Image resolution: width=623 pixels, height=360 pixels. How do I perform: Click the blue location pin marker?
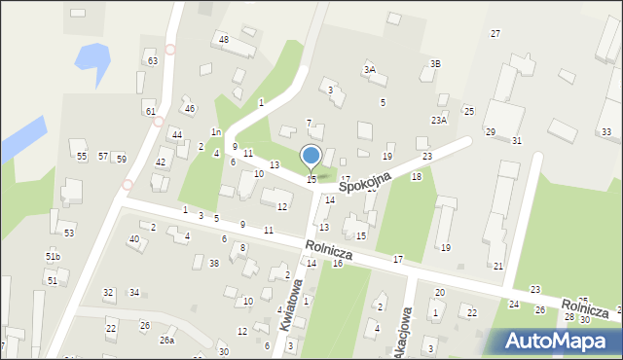(311, 157)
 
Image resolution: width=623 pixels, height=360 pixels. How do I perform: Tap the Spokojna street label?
(366, 182)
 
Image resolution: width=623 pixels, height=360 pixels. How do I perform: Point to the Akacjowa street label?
(406, 324)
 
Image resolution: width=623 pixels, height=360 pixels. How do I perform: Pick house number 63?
(153, 61)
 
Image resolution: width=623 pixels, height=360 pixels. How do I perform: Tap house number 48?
(223, 39)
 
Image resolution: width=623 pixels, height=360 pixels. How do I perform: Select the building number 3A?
(369, 70)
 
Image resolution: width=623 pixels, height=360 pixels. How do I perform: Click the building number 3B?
(435, 64)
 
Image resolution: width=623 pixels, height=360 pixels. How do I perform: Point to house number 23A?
(439, 121)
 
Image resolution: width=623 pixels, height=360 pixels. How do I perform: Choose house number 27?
(495, 34)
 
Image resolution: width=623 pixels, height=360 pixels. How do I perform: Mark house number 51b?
(53, 256)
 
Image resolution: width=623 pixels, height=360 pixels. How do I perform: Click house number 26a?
(167, 340)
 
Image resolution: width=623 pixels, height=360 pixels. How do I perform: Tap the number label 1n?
(215, 132)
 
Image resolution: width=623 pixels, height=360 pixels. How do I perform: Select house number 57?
(103, 157)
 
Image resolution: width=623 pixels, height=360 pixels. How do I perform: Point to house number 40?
(134, 239)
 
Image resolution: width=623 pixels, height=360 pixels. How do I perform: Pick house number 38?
(213, 264)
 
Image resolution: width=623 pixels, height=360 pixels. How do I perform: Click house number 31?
(517, 141)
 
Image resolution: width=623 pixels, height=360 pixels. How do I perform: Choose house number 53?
(69, 234)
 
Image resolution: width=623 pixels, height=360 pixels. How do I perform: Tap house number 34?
(134, 293)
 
